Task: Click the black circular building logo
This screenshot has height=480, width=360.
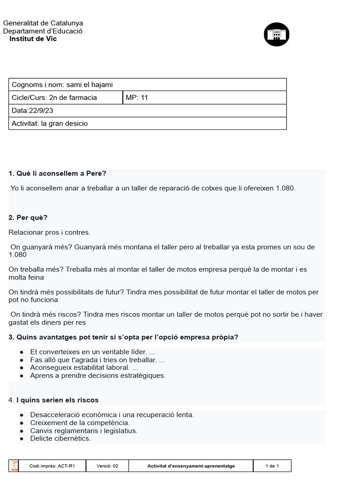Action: (x=277, y=34)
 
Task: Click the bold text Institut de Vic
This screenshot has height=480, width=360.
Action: (x=33, y=39)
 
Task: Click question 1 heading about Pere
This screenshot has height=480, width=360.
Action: (x=58, y=173)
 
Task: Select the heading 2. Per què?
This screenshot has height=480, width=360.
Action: (x=28, y=217)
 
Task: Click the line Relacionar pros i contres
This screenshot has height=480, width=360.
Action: (x=49, y=232)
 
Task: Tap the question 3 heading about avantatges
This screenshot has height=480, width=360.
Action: (x=123, y=337)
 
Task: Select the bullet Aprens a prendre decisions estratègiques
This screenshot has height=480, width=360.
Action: (x=97, y=375)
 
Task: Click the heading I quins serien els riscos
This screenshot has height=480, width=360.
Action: (x=57, y=400)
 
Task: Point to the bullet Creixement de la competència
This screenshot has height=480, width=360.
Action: (x=80, y=423)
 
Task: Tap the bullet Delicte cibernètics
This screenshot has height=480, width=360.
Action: (x=60, y=439)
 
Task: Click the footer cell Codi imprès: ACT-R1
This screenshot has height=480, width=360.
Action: (x=52, y=466)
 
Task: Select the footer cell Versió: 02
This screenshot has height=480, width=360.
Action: (x=107, y=466)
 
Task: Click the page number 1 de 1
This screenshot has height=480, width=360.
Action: (x=272, y=466)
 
